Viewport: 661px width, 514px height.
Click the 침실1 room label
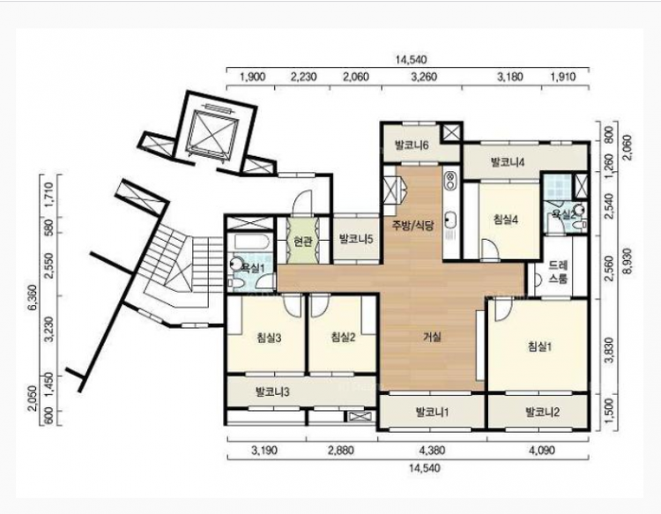coord(539,346)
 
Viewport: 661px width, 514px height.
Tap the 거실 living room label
coord(432,337)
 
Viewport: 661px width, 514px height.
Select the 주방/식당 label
coord(412,226)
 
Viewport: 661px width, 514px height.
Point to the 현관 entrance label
coord(302,242)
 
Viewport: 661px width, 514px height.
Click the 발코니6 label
coord(412,145)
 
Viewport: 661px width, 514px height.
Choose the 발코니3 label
coord(272,392)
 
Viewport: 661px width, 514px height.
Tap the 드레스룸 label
coord(558,272)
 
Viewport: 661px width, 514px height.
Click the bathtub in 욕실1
coord(251,242)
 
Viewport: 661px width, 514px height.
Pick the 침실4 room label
coord(506,220)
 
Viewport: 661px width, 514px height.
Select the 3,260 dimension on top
coord(424,77)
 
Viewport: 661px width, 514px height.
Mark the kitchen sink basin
coord(451,220)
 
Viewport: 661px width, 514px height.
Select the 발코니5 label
coord(356,240)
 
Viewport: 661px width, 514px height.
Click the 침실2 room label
coord(343,337)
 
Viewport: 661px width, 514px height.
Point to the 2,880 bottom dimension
coord(340,451)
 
